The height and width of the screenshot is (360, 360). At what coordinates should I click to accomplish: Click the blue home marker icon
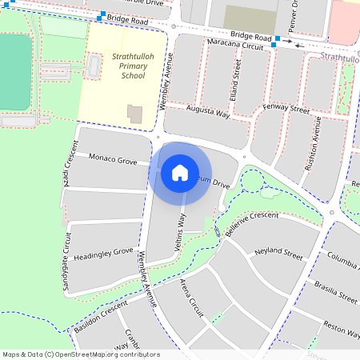coord(180,172)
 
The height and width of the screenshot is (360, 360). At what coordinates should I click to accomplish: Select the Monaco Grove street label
coord(112,160)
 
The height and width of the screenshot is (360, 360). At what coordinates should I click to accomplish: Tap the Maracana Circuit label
coord(235,46)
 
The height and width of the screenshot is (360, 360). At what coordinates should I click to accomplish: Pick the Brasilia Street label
coord(336,293)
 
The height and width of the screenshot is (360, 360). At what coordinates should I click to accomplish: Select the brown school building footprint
coord(134,114)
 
